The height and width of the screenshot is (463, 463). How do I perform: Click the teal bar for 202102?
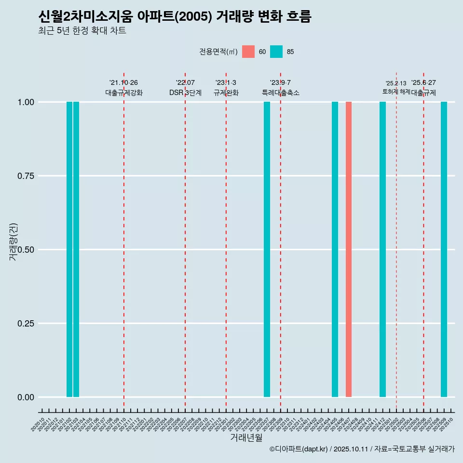69,249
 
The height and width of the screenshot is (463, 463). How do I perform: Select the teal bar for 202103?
76,249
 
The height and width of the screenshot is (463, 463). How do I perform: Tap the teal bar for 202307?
267,249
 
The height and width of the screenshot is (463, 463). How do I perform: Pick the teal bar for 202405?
335,249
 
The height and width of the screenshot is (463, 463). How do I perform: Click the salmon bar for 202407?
349,249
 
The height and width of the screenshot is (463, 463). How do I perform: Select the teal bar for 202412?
382,249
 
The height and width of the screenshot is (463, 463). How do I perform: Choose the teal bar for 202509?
444,249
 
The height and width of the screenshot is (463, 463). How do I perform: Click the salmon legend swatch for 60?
248,52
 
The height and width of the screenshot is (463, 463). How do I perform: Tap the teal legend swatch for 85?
276,52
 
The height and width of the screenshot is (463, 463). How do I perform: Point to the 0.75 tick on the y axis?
26,176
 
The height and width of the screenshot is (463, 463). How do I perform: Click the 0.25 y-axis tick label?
26,324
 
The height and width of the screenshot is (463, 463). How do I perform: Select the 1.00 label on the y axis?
26,102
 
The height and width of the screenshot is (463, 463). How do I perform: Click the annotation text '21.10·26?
123,83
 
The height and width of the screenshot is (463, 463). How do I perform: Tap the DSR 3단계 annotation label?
185,93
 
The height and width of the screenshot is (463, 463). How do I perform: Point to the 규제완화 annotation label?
226,93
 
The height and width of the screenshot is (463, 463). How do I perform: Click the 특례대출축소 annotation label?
280,93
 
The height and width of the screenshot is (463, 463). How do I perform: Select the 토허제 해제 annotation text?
396,91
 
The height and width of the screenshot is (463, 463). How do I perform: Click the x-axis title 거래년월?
246,438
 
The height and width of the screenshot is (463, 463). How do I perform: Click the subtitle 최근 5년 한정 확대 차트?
82,31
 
